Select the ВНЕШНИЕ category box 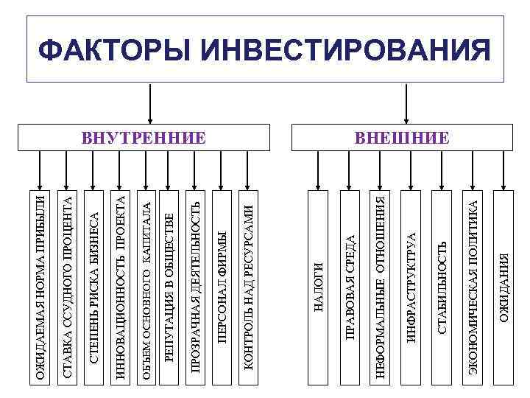[x=402, y=137]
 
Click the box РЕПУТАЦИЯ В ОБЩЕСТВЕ [x=169, y=287]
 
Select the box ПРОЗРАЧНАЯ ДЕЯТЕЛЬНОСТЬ [x=195, y=287]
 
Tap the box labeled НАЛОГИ [x=318, y=287]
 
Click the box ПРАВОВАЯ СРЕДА [x=350, y=287]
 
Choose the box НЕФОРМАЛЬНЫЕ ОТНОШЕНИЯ [x=380, y=287]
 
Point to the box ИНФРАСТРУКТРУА [x=411, y=287]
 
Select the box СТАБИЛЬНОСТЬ [x=442, y=287]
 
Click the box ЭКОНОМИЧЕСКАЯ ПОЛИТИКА [x=473, y=287]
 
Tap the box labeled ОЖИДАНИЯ [x=504, y=287]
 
